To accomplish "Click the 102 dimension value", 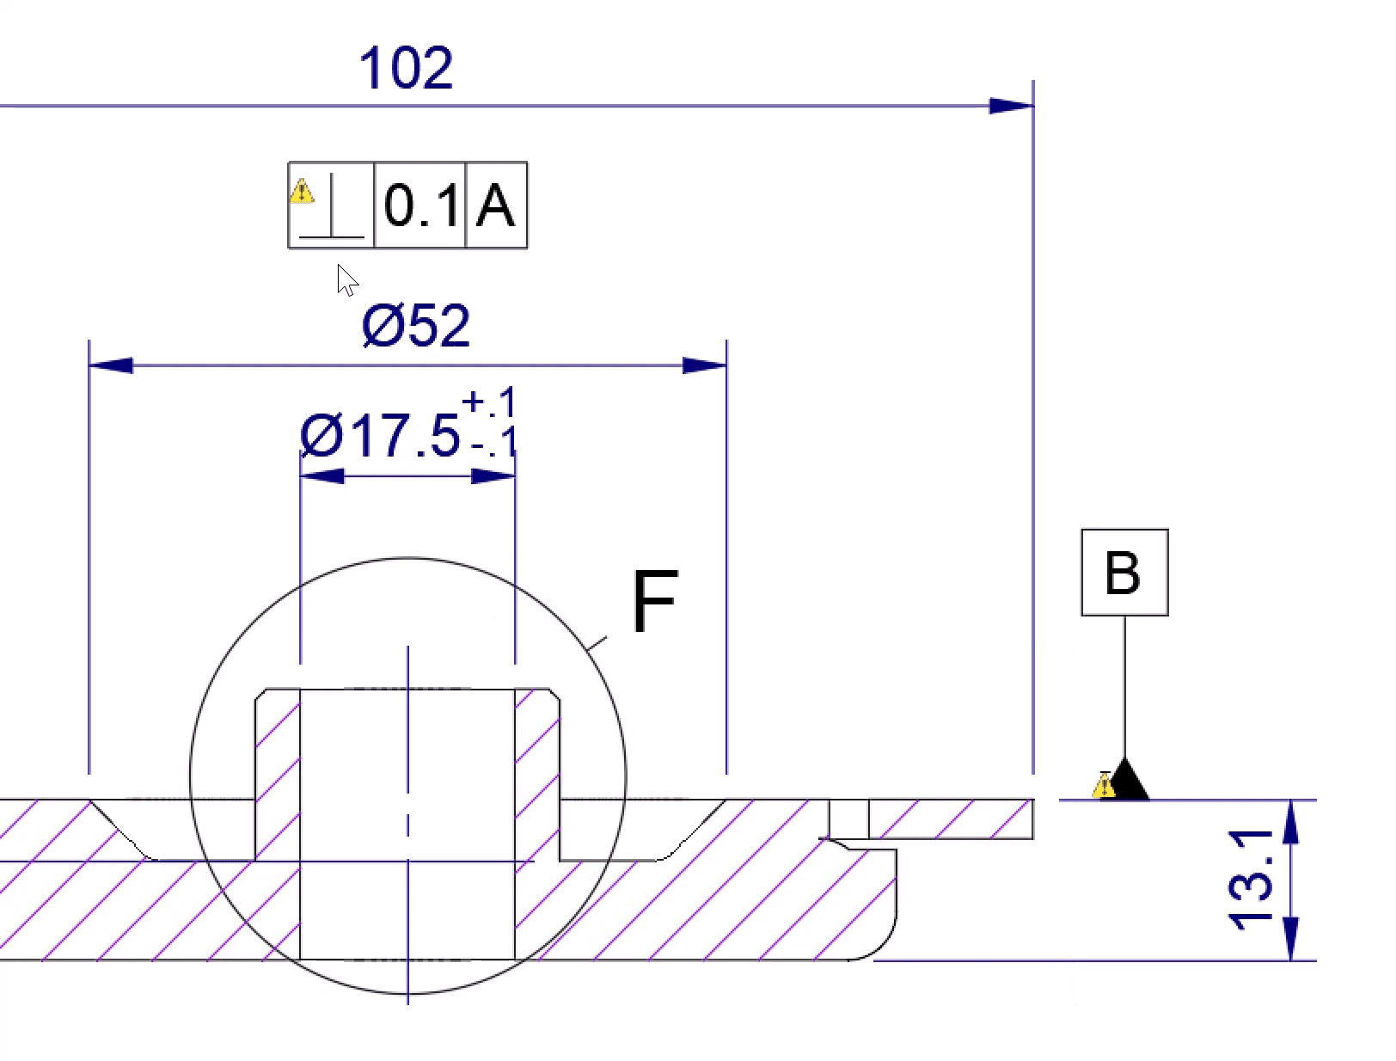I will [405, 69].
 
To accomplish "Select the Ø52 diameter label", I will [416, 326].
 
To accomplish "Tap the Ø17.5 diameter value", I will [380, 436].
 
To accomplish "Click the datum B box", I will [1124, 573].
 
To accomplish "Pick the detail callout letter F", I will [655, 602].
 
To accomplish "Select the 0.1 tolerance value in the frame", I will [420, 206].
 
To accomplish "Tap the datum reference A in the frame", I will [495, 206].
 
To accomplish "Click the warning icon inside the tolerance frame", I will [302, 190].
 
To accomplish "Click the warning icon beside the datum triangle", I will [1104, 786].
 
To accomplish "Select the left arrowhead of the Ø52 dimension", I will [110, 365].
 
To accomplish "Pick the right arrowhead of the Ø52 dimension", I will [705, 365].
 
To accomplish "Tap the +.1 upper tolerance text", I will [489, 402].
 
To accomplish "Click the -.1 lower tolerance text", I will [493, 442].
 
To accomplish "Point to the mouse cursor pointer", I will [346, 280].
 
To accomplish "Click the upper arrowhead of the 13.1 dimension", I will [1291, 820].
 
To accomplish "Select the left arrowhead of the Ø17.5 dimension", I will [321, 475].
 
